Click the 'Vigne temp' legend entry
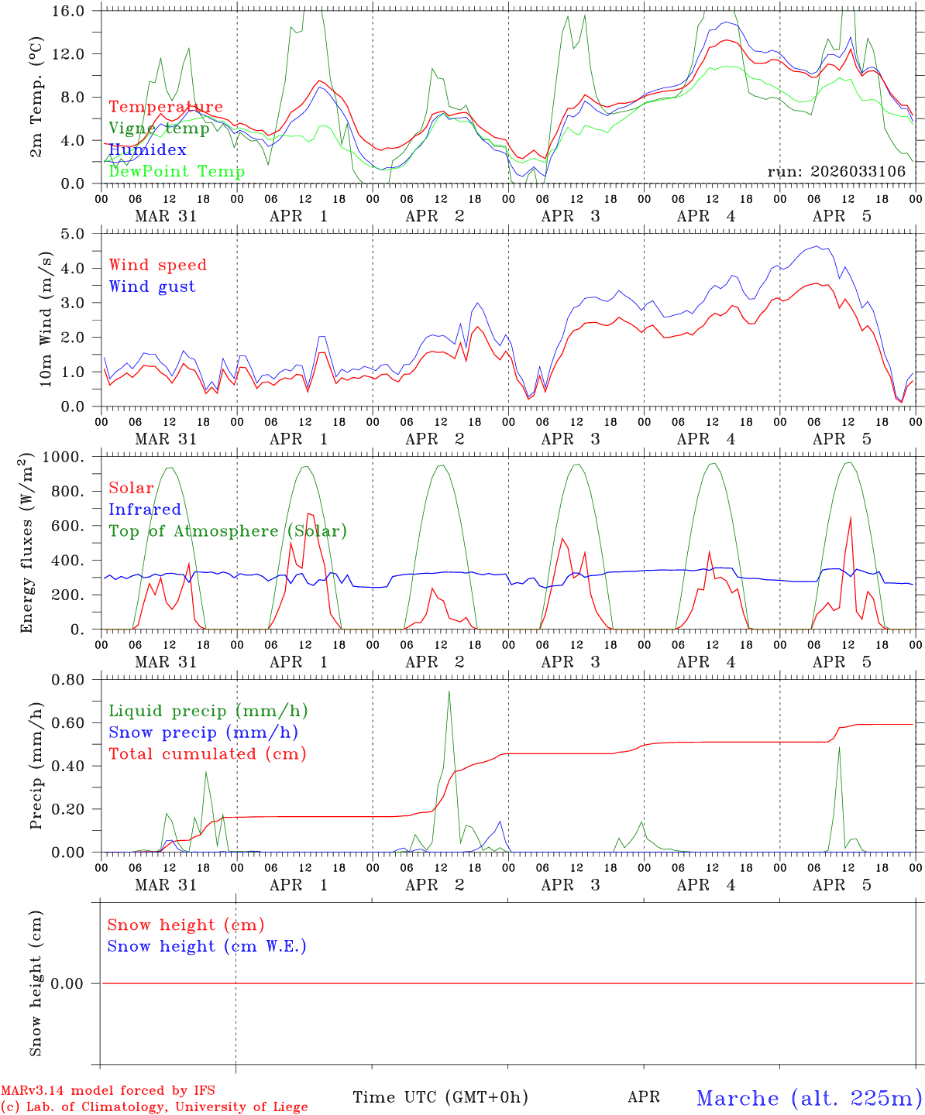(159, 129)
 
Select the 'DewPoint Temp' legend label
(177, 172)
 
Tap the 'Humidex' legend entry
(147, 150)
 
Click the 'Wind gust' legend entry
(152, 286)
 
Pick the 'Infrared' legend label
(145, 509)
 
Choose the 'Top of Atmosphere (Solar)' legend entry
(228, 531)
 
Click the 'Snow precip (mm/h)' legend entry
(203, 732)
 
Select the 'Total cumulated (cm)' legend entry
(208, 754)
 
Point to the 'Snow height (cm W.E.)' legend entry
(207, 946)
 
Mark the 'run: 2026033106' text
(836, 172)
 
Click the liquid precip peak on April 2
(449, 691)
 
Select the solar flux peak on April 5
(851, 516)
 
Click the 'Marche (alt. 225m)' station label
(809, 1098)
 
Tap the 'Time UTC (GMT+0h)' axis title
(440, 1097)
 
